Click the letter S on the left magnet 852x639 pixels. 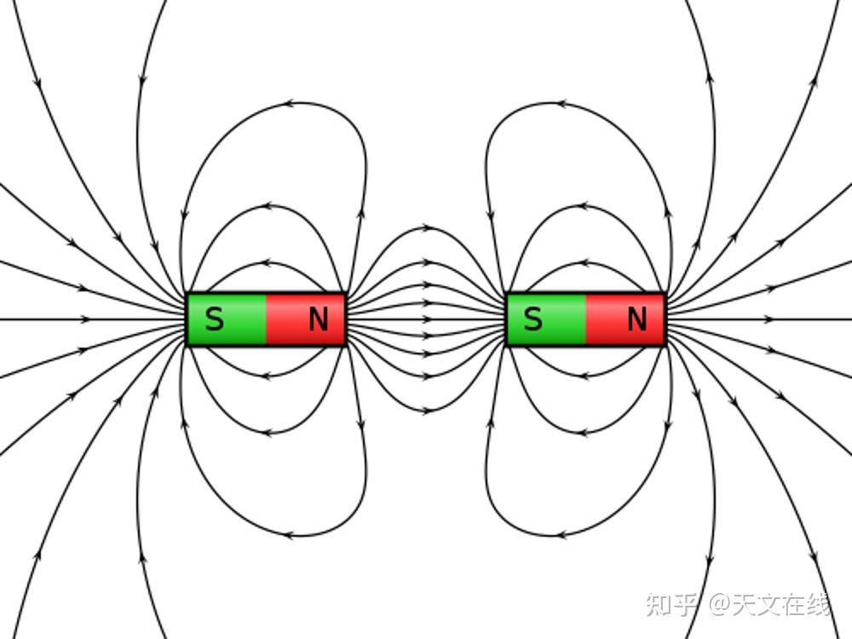click(215, 319)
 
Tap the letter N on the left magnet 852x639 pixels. click(319, 319)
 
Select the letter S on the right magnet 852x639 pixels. click(533, 319)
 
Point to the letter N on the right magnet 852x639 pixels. click(636, 319)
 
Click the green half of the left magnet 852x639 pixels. click(226, 319)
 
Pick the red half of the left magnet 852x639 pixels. click(305, 319)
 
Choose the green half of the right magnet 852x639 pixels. click(545, 319)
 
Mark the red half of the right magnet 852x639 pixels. click(625, 319)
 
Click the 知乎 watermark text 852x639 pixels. click(671, 604)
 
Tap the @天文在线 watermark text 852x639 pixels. click(769, 604)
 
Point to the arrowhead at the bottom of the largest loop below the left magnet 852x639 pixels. click(289, 535)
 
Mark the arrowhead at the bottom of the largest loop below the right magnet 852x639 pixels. click(561, 535)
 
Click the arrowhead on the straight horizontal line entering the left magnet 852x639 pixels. click(86, 319)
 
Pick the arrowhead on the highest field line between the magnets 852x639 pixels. click(429, 228)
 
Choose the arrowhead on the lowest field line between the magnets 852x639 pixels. click(429, 411)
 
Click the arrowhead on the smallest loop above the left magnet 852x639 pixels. click(266, 263)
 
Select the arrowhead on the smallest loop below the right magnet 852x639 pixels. click(584, 376)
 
